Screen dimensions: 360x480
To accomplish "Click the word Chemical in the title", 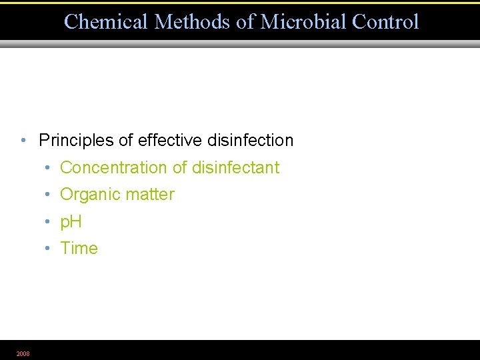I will click(106, 22).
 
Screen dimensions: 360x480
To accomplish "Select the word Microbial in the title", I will click(303, 22).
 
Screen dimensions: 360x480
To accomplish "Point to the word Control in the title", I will click(385, 22).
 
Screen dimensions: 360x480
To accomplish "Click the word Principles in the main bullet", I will click(76, 141).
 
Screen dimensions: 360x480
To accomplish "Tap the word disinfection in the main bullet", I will click(251, 141).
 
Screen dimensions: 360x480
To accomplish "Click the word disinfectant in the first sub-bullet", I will click(235, 168).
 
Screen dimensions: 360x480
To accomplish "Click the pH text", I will click(71, 222).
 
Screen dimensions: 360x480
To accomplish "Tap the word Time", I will click(79, 249).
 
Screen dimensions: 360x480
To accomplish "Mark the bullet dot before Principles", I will click(23, 141).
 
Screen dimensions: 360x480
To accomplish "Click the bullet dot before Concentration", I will click(49, 168).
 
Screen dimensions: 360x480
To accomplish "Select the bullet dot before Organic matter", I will click(49, 195).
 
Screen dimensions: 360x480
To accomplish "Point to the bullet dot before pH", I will click(49, 222).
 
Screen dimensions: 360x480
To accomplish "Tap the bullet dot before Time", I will click(49, 249).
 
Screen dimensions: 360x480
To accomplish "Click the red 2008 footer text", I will click(23, 354).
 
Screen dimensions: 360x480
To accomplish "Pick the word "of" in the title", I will click(245, 22).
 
